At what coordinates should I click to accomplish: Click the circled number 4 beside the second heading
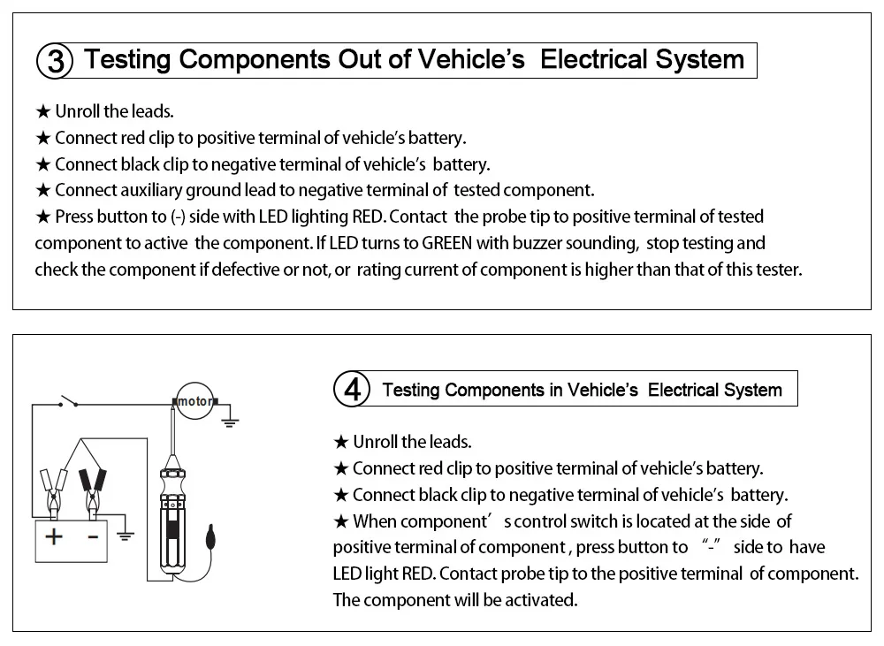tap(353, 390)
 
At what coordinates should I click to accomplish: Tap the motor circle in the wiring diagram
tap(194, 402)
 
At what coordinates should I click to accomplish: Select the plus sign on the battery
tap(54, 536)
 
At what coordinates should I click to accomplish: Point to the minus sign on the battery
tap(91, 536)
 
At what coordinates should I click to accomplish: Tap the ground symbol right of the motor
tap(231, 420)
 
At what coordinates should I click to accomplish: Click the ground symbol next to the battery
tap(126, 535)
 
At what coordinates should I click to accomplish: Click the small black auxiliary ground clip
tap(209, 537)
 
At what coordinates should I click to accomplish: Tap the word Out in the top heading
tap(360, 60)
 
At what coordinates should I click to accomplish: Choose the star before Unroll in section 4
tap(340, 442)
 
